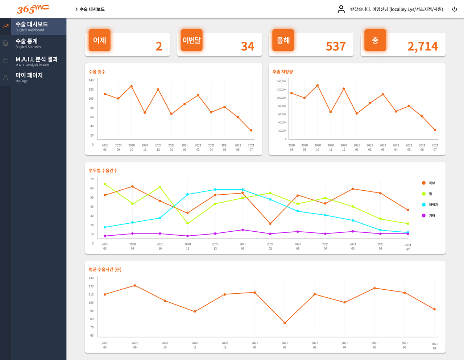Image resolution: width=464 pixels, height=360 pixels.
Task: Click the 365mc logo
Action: click(33, 9)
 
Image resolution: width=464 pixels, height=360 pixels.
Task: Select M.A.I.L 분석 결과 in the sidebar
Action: click(36, 61)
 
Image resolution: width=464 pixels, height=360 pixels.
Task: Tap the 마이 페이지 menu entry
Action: click(29, 77)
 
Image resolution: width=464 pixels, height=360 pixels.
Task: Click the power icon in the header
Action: click(455, 9)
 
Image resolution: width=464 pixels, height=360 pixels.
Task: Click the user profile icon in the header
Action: click(341, 9)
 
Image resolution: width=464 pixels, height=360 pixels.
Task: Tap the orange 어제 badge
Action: click(99, 40)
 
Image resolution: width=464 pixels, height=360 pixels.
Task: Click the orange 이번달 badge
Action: click(191, 40)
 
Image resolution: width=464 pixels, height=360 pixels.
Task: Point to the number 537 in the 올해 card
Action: click(336, 46)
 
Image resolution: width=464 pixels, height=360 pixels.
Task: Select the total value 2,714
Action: click(422, 46)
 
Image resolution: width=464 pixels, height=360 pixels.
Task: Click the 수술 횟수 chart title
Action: click(97, 72)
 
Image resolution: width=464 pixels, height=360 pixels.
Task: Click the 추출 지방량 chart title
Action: click(283, 72)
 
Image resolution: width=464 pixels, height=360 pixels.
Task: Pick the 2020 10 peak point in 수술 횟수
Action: click(132, 86)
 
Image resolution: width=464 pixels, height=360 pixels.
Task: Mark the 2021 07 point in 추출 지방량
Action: click(435, 130)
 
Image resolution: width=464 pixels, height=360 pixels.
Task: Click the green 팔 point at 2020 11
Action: click(187, 223)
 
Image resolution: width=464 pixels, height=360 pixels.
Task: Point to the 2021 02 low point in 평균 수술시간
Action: click(285, 323)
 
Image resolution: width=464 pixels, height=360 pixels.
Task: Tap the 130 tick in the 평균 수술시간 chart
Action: click(91, 278)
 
